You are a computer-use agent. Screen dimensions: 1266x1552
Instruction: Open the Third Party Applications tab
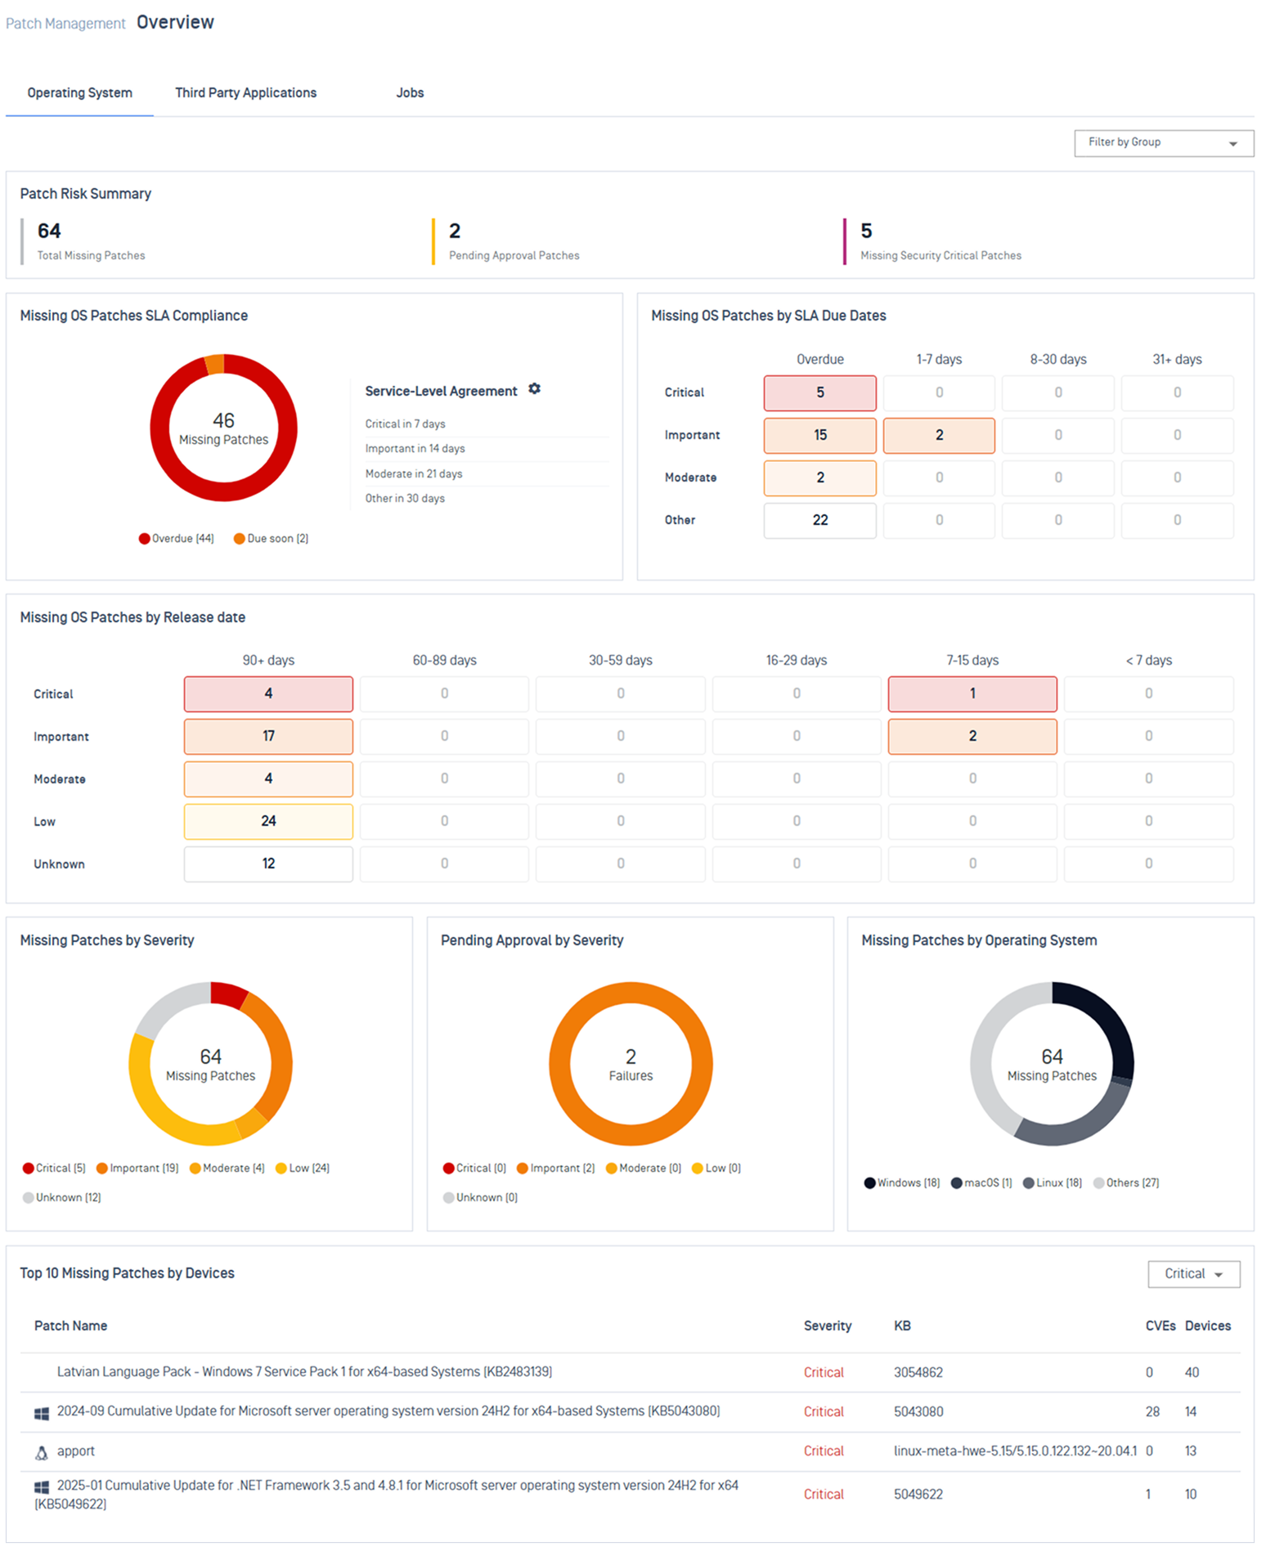(x=245, y=92)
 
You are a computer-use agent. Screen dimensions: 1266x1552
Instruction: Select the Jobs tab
(x=410, y=92)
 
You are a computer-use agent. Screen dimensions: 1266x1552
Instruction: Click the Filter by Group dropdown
(x=1164, y=142)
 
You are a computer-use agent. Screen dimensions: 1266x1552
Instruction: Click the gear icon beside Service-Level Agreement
(x=534, y=389)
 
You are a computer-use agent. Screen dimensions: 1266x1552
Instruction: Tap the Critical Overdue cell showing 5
(x=819, y=392)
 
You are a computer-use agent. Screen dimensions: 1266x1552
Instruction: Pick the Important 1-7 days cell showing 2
(x=939, y=435)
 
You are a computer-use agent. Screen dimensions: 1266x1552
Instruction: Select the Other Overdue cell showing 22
(x=819, y=520)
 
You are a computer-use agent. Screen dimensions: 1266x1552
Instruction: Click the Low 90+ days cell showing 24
(x=268, y=821)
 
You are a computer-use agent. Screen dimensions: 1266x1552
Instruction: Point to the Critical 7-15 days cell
(x=972, y=693)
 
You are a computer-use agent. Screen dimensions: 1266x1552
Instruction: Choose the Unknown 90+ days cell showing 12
(x=268, y=863)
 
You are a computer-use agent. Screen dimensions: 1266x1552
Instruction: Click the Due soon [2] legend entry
(x=272, y=538)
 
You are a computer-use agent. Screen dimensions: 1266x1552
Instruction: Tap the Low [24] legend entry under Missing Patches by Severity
(x=303, y=1168)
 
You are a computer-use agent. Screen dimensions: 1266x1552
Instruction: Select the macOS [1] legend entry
(x=981, y=1182)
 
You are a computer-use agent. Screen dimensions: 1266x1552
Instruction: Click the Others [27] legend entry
(x=1126, y=1182)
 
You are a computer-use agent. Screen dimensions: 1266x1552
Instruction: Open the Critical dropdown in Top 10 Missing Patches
(x=1193, y=1274)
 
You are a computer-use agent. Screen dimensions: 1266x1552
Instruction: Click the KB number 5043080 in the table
(x=918, y=1411)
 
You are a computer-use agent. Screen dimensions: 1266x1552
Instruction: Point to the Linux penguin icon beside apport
(x=41, y=1452)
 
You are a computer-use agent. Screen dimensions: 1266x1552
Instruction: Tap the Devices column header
(x=1208, y=1325)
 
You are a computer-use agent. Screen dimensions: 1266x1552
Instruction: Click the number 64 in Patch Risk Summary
(x=49, y=231)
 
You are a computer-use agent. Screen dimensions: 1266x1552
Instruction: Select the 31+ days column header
(x=1177, y=359)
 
